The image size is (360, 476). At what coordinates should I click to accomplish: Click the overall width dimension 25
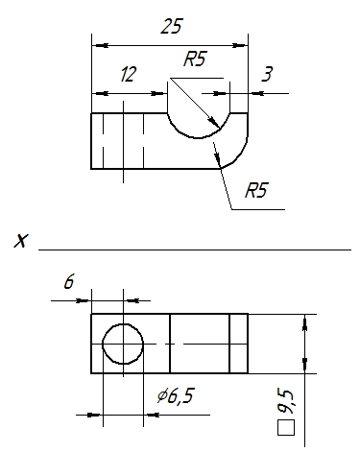click(172, 26)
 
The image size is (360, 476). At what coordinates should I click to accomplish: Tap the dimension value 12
click(129, 74)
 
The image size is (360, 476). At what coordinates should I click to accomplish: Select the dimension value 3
click(267, 74)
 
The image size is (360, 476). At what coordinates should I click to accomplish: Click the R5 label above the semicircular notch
click(195, 59)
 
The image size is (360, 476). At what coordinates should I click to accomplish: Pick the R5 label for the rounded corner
click(256, 190)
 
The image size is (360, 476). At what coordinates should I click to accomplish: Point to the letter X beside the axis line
click(21, 241)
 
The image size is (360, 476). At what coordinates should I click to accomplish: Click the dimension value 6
click(69, 281)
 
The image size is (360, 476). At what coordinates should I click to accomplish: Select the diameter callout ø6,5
click(176, 395)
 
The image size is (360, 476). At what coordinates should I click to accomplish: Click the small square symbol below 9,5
click(286, 428)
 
